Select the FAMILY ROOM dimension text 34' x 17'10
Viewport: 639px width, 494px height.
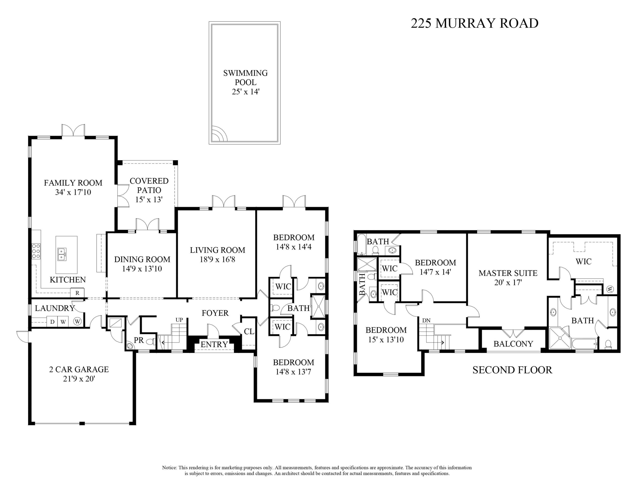click(73, 192)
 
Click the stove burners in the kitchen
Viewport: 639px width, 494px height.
click(36, 251)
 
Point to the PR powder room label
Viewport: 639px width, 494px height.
click(139, 340)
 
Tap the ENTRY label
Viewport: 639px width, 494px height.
click(214, 344)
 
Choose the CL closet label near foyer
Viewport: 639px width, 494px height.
click(249, 331)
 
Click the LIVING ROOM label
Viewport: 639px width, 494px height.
click(217, 250)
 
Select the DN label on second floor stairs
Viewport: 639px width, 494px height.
click(426, 320)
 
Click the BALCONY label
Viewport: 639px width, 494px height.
click(513, 344)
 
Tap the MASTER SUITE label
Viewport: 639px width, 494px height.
click(508, 273)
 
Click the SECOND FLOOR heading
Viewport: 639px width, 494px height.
click(512, 370)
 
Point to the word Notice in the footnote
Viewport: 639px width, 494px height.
click(169, 468)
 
